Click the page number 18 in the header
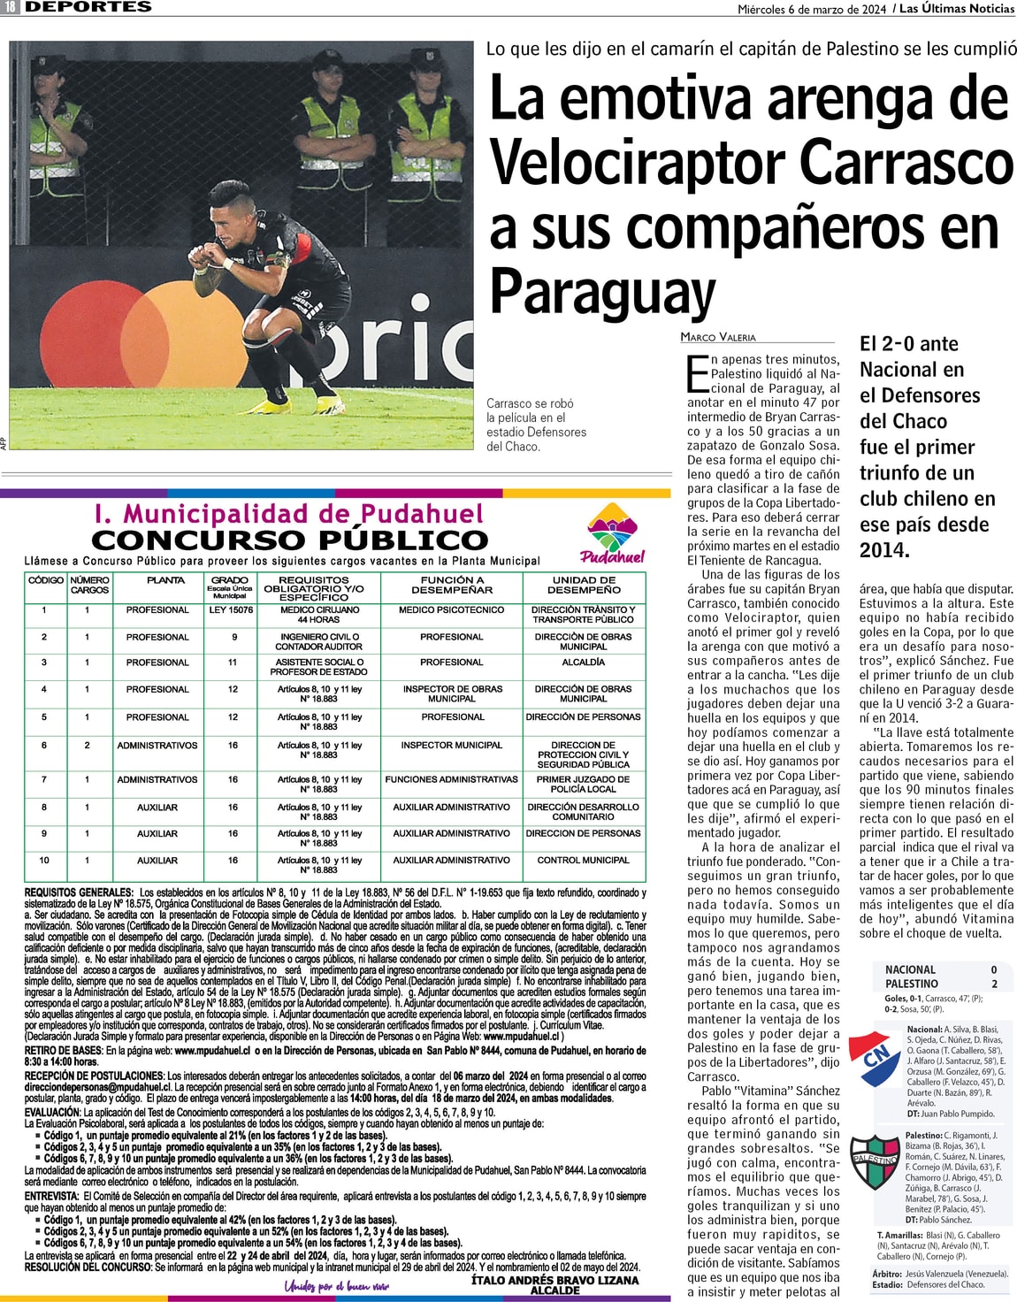click(10, 7)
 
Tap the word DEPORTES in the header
click(88, 7)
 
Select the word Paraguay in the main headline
click(602, 292)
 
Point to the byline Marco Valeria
click(718, 337)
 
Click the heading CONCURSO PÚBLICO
click(289, 540)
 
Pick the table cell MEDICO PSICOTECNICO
click(451, 610)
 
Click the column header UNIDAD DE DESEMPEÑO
click(584, 585)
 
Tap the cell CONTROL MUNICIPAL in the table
click(584, 860)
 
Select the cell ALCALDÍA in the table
click(584, 662)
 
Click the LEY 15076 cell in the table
click(231, 610)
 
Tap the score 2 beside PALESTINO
click(994, 984)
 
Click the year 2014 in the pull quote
click(884, 550)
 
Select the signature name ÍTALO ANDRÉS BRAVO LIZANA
click(554, 1280)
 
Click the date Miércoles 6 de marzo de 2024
click(812, 9)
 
